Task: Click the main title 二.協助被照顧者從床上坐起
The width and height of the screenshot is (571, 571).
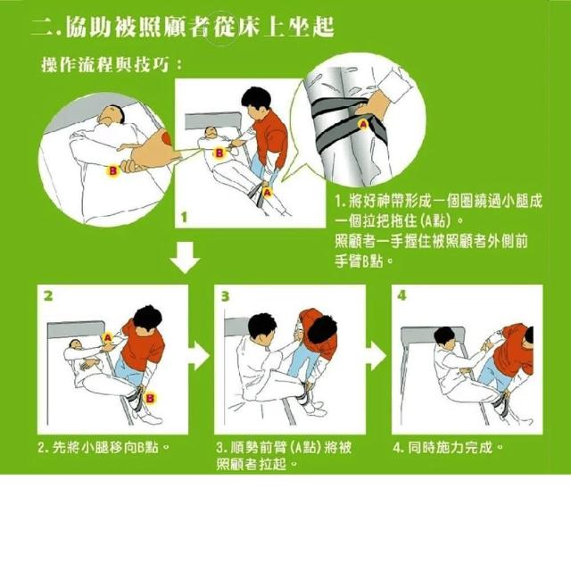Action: coord(183,27)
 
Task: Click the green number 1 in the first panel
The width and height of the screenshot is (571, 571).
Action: coord(184,218)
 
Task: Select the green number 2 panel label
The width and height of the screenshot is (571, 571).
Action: coord(48,295)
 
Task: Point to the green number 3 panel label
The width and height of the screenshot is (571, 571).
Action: coord(226,296)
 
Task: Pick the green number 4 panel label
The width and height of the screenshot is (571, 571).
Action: coord(401,295)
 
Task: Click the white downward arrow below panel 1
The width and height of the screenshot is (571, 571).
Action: coord(185,258)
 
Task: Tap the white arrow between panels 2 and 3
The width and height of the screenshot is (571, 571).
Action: coord(199,356)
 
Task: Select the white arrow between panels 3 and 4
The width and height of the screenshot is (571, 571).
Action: coord(377,356)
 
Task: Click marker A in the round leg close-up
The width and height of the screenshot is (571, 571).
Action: coord(363,125)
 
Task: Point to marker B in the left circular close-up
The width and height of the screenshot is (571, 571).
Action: coord(113,170)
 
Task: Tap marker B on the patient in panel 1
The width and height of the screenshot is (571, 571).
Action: coord(219,153)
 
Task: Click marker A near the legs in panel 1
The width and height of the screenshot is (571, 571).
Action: coord(268,192)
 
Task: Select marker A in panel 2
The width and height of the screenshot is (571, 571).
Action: coord(108,337)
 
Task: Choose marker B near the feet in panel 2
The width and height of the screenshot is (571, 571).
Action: coord(150,398)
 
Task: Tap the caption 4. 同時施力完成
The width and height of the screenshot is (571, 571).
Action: coord(448,447)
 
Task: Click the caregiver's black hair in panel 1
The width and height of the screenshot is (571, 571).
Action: coord(256,97)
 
